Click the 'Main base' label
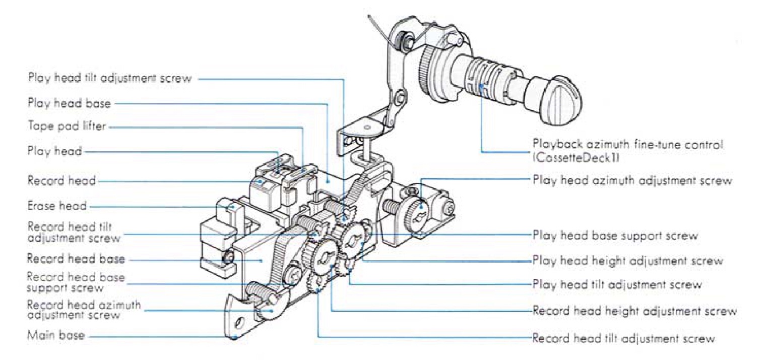coord(56,335)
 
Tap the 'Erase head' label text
coord(56,206)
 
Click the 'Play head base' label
coord(69,103)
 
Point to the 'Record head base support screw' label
coord(76,282)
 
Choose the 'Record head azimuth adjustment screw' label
coord(84,310)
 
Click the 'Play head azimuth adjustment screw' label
coord(632,180)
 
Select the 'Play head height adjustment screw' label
coord(628,261)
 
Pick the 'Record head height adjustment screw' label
coord(634,311)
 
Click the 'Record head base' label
coord(76,259)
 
